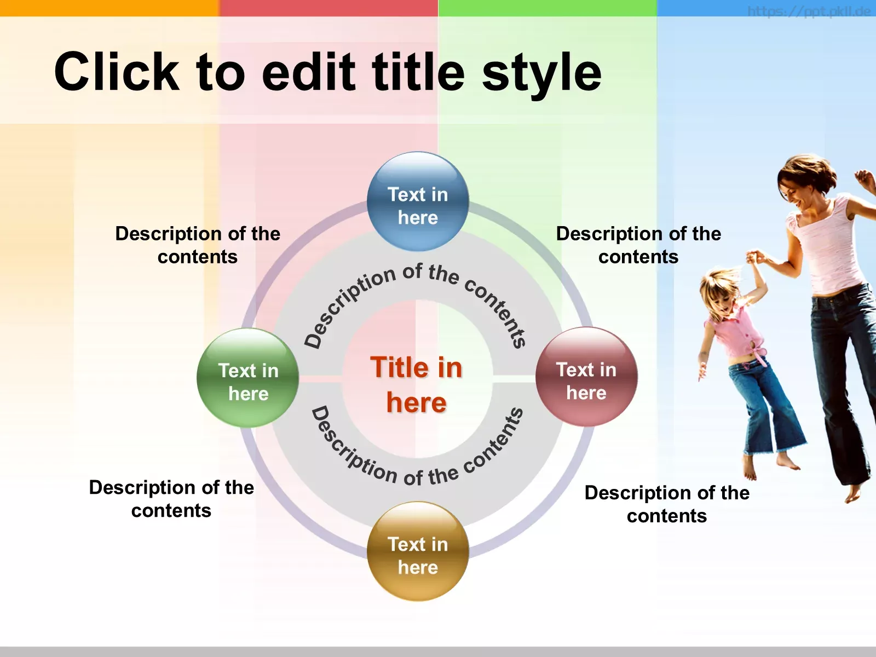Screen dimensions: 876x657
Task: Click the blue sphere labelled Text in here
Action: click(x=418, y=201)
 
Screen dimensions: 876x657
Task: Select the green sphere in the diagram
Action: click(x=248, y=378)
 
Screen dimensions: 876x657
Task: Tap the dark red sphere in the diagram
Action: click(x=586, y=377)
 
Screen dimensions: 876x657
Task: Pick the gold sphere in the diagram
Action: click(x=418, y=551)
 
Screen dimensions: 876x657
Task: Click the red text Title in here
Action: click(x=416, y=384)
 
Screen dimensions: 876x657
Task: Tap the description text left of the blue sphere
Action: click(x=198, y=245)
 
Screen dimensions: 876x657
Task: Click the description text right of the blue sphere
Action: click(x=638, y=245)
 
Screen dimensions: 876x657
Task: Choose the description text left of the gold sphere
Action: click(x=171, y=499)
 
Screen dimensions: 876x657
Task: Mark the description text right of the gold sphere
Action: click(x=667, y=504)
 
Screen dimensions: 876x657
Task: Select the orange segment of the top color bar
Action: click(x=109, y=8)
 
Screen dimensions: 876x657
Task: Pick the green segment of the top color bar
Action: click(x=547, y=8)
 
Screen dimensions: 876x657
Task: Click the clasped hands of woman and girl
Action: click(x=755, y=257)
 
